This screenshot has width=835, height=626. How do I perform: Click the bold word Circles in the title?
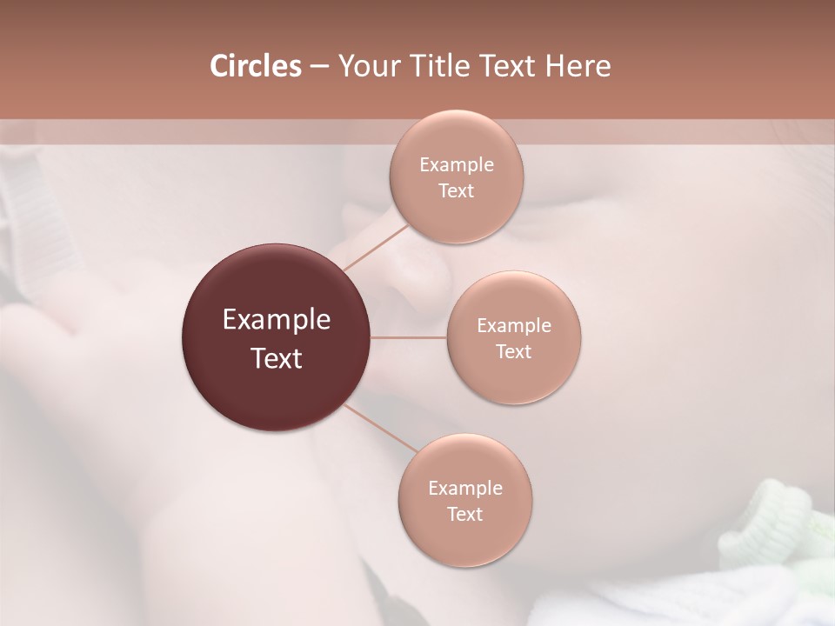(x=255, y=66)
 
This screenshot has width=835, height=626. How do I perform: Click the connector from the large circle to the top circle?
(x=376, y=248)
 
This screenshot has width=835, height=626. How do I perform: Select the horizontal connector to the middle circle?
(x=409, y=337)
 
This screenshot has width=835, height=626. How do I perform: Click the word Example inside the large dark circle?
(x=277, y=320)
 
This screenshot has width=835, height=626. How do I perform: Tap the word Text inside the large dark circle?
(x=277, y=358)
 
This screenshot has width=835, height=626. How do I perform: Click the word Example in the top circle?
(x=456, y=164)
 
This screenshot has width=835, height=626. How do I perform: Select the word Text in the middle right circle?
(x=514, y=351)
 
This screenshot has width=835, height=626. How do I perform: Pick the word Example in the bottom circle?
(x=465, y=488)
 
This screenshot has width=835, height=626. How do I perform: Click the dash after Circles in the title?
(x=319, y=66)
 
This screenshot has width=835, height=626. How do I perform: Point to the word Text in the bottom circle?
(x=465, y=514)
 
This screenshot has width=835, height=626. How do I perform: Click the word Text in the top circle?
(x=456, y=190)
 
